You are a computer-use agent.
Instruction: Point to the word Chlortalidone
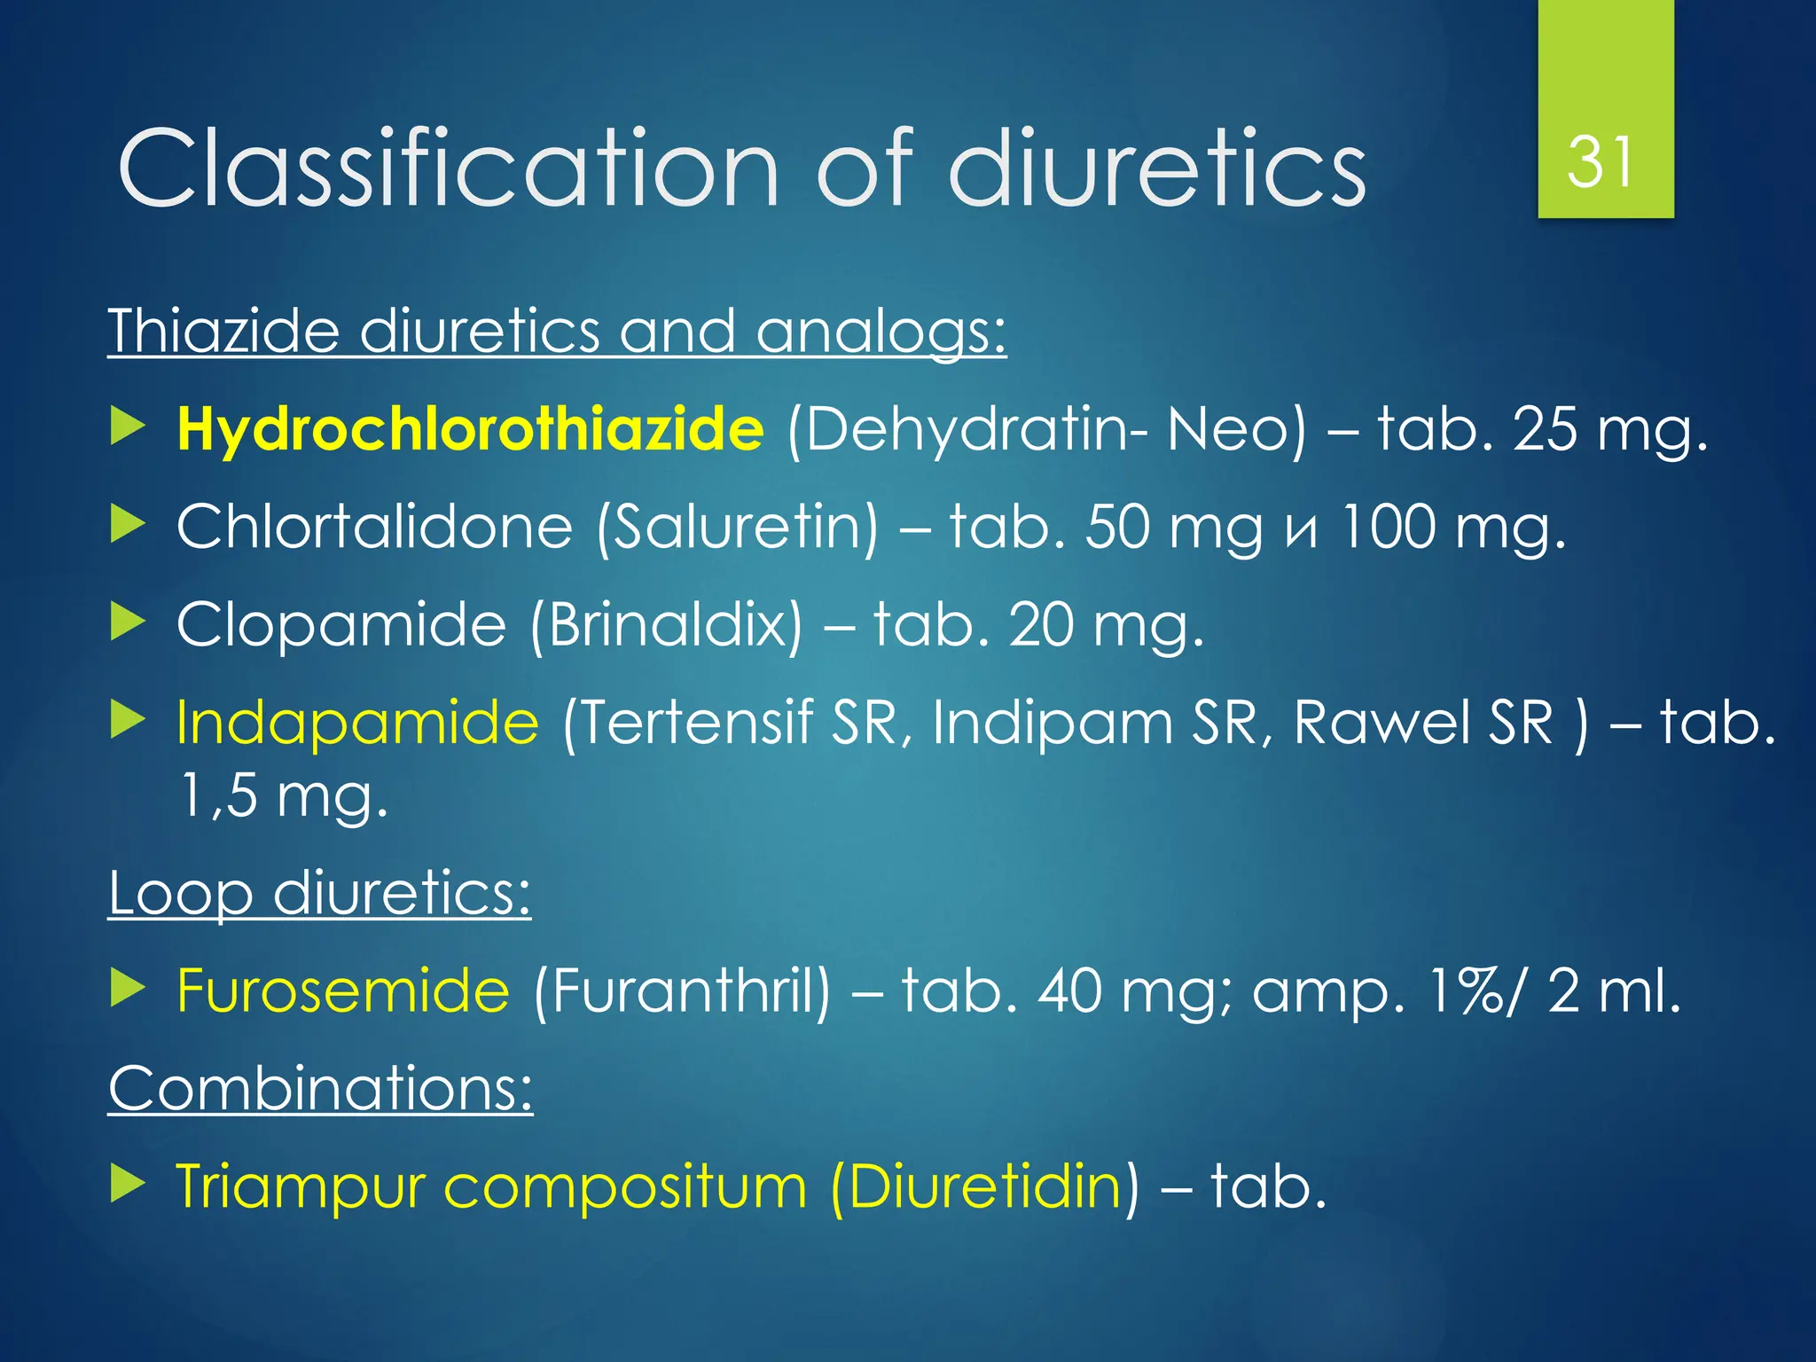click(x=374, y=527)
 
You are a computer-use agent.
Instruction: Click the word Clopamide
click(x=340, y=624)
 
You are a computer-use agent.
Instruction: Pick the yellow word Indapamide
click(x=357, y=722)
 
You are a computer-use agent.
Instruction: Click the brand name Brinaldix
click(x=666, y=624)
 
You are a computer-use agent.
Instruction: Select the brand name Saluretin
click(x=737, y=527)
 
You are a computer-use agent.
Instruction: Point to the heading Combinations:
click(x=320, y=1088)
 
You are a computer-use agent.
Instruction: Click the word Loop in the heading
click(x=181, y=893)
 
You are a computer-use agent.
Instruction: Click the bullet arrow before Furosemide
click(x=128, y=988)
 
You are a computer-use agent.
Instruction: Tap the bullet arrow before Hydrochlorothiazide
click(x=128, y=427)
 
